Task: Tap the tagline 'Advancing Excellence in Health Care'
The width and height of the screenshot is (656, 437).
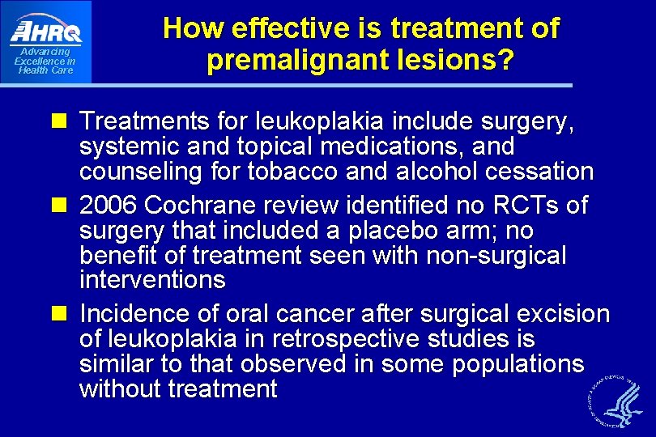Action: click(x=45, y=61)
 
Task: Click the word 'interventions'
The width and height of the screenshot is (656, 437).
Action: click(x=152, y=281)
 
